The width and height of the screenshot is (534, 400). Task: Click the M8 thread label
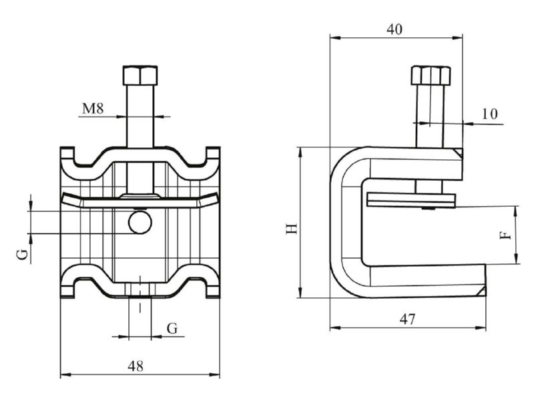click(x=93, y=109)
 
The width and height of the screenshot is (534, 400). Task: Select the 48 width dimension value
click(x=136, y=366)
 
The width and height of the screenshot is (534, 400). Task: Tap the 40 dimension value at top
click(x=394, y=29)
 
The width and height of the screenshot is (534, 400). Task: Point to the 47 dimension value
click(x=408, y=319)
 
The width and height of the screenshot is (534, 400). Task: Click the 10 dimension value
click(x=490, y=113)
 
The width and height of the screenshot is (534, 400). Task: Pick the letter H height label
click(x=292, y=229)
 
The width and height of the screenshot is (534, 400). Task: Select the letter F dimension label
click(x=505, y=235)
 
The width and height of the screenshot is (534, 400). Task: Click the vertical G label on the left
click(x=22, y=254)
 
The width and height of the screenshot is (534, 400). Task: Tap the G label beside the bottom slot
click(x=172, y=328)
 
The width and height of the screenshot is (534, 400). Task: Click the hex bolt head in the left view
click(x=140, y=75)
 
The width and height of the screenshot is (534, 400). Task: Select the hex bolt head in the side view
click(x=431, y=75)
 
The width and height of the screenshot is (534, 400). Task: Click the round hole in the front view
click(x=140, y=223)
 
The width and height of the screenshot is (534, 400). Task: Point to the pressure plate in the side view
click(x=411, y=201)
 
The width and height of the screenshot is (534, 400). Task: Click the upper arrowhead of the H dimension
click(x=300, y=152)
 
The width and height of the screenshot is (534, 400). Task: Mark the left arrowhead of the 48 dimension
click(x=65, y=375)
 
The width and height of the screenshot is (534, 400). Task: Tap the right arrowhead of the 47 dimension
click(x=481, y=328)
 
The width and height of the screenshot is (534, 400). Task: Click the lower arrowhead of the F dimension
click(x=517, y=259)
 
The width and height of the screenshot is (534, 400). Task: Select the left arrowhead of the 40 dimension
click(x=336, y=38)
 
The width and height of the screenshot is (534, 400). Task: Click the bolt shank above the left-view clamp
click(x=140, y=116)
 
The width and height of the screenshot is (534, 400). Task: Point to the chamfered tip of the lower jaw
click(x=481, y=291)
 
